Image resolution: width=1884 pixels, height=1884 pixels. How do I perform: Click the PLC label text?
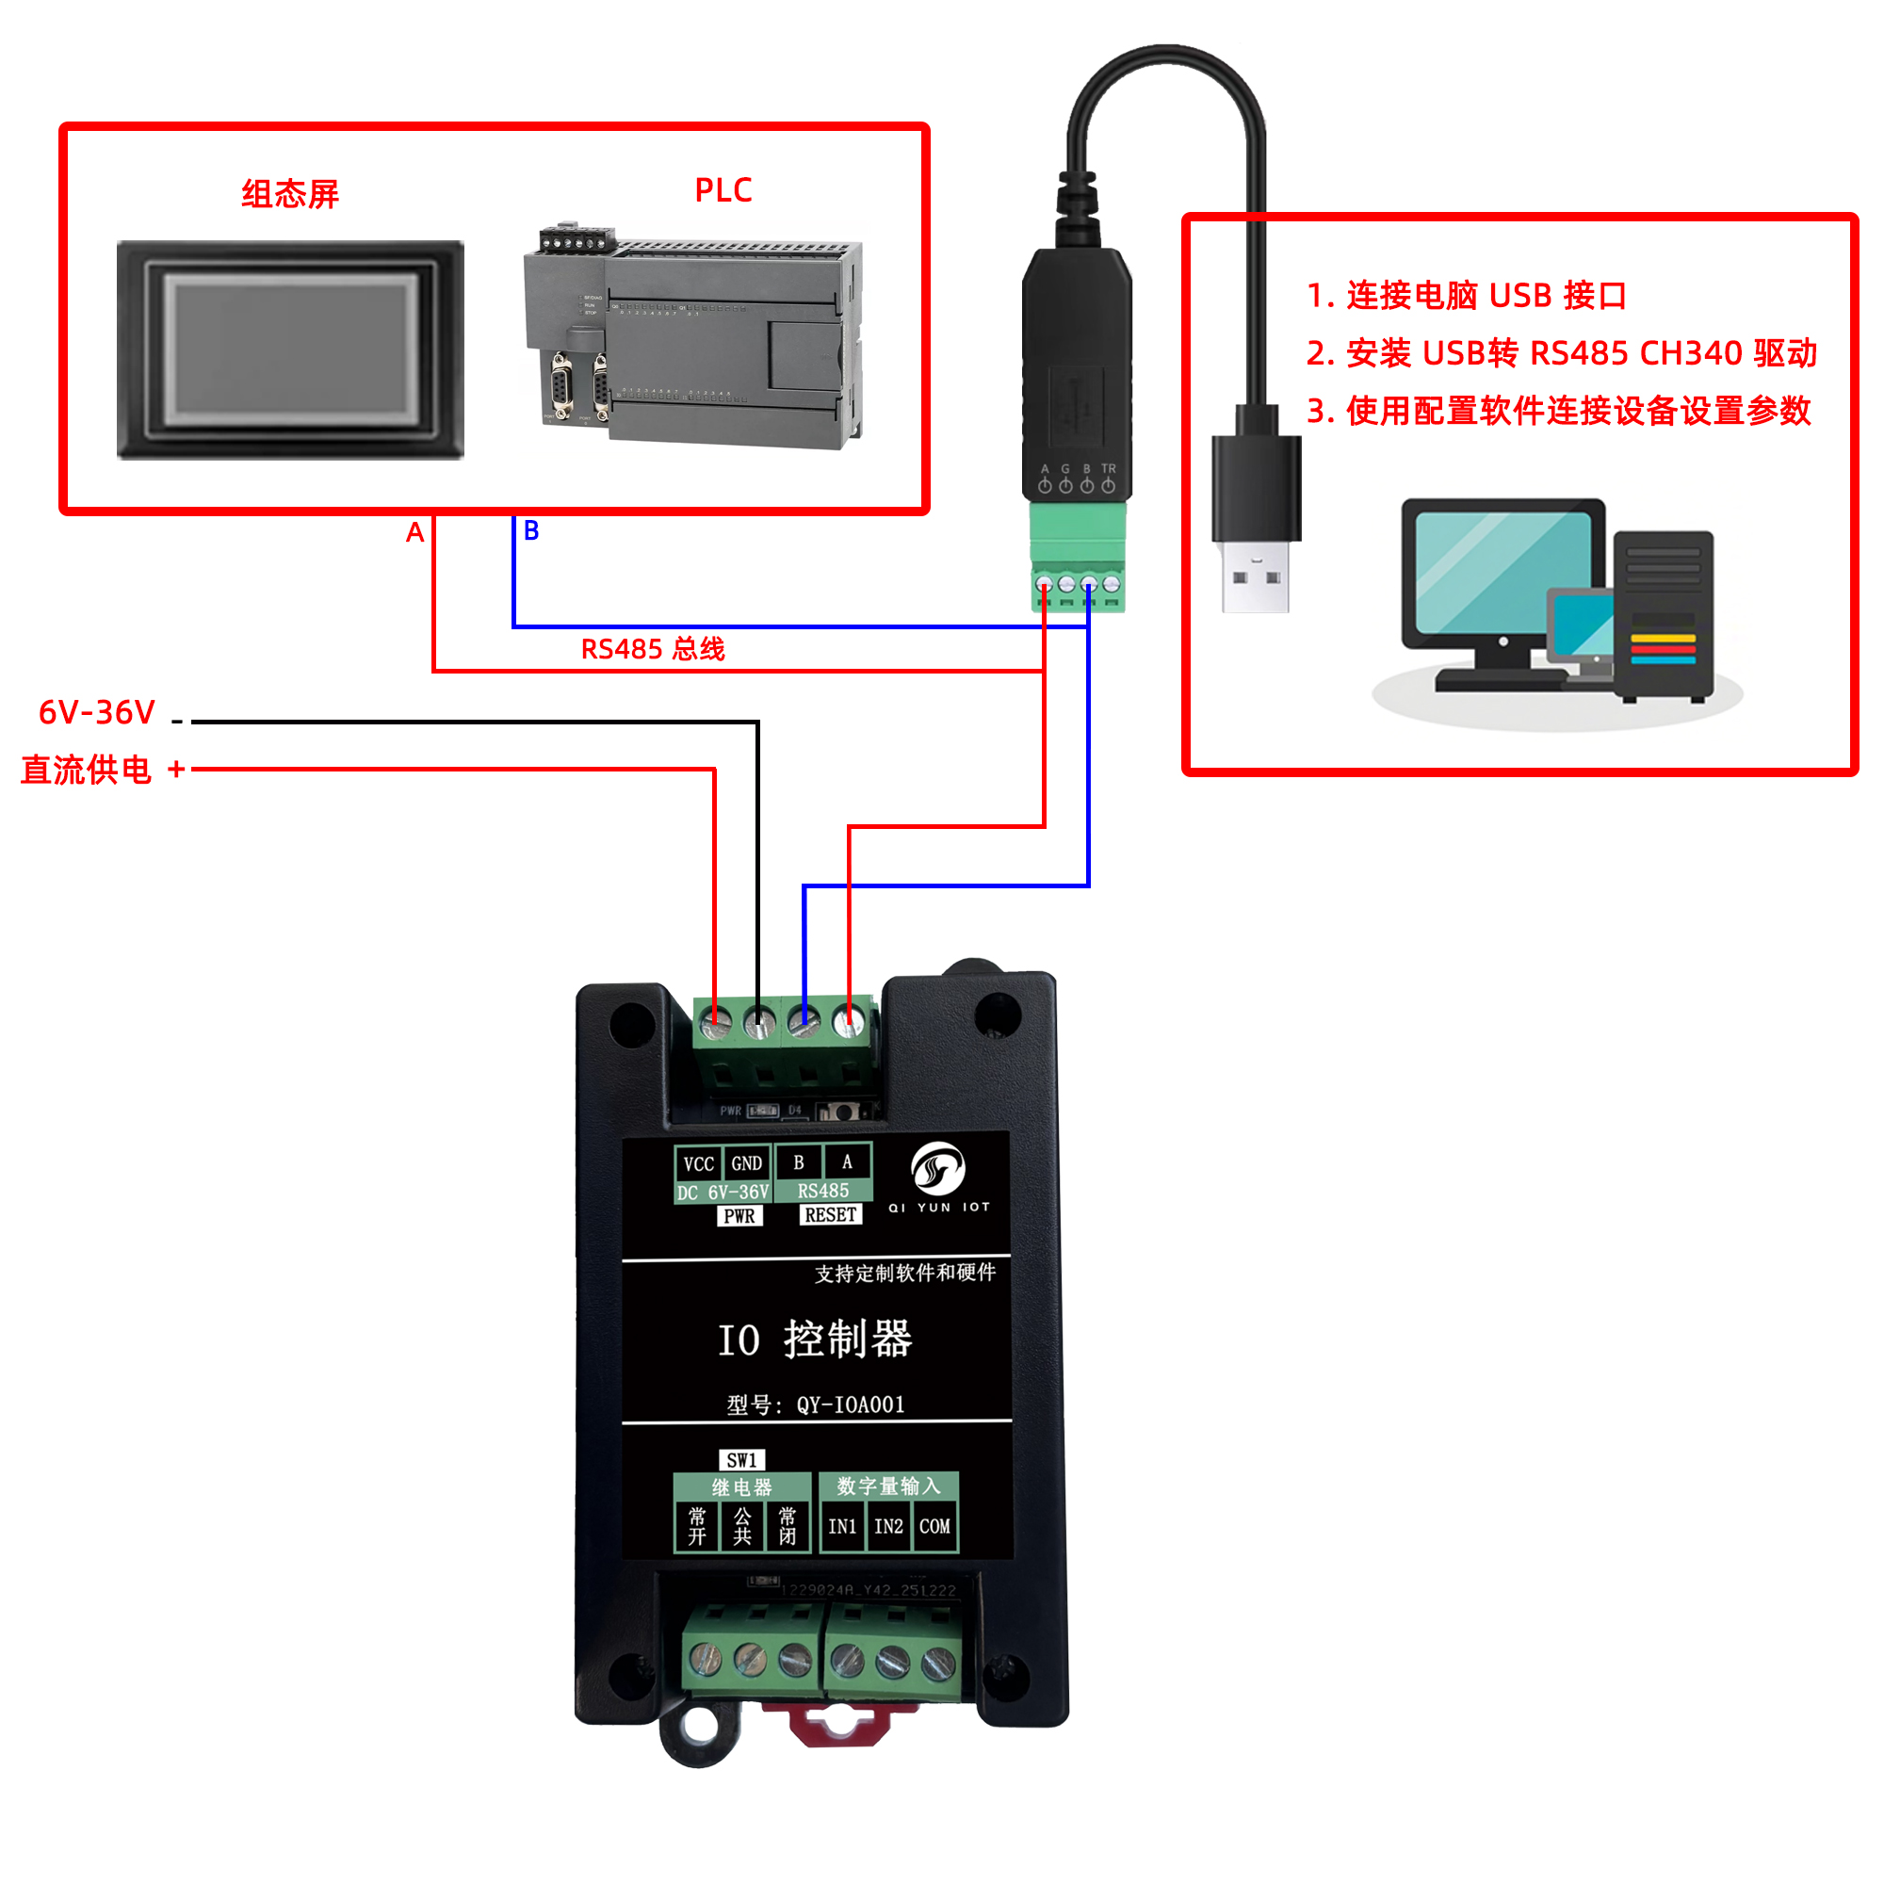click(723, 190)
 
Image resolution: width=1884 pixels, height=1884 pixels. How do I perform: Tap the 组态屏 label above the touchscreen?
click(289, 194)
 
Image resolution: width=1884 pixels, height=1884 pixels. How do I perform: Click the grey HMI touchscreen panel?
click(289, 349)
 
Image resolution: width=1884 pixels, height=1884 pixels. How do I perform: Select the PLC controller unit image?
click(693, 336)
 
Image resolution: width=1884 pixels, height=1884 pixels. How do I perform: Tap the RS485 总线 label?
click(653, 649)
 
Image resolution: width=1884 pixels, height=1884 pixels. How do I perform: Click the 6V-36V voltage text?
click(96, 713)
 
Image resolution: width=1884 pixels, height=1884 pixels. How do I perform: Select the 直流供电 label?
click(86, 770)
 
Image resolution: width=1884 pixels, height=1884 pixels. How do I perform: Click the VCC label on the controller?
click(698, 1163)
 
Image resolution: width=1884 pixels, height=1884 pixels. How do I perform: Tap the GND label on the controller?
click(746, 1163)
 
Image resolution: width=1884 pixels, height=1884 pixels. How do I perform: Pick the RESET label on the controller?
click(830, 1215)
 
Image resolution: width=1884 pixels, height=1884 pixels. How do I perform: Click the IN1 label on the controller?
click(841, 1526)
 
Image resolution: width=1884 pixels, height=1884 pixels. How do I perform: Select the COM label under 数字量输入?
click(934, 1526)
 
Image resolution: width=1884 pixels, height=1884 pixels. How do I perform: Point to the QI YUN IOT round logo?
click(938, 1169)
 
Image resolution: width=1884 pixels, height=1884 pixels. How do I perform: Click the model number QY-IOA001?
click(851, 1405)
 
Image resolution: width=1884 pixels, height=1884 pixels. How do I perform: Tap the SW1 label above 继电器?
click(741, 1460)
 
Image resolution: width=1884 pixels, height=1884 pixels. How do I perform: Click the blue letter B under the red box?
click(531, 530)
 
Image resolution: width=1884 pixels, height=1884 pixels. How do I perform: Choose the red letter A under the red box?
click(415, 532)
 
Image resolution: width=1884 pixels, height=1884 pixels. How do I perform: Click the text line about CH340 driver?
click(1561, 353)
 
